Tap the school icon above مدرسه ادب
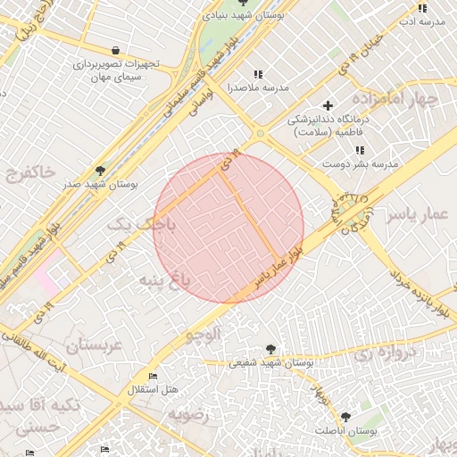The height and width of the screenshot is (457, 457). tap(422, 9)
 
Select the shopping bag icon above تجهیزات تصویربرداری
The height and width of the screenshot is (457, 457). tap(116, 50)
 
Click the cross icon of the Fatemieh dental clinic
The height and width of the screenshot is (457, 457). tap(328, 105)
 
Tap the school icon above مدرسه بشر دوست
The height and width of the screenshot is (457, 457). tap(359, 151)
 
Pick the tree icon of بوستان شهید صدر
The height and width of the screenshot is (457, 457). tap(98, 170)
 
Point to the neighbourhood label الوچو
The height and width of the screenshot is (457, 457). tap(203, 336)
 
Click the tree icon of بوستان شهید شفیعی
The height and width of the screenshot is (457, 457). tap(270, 349)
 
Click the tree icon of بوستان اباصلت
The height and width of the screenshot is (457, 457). tap(345, 417)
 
